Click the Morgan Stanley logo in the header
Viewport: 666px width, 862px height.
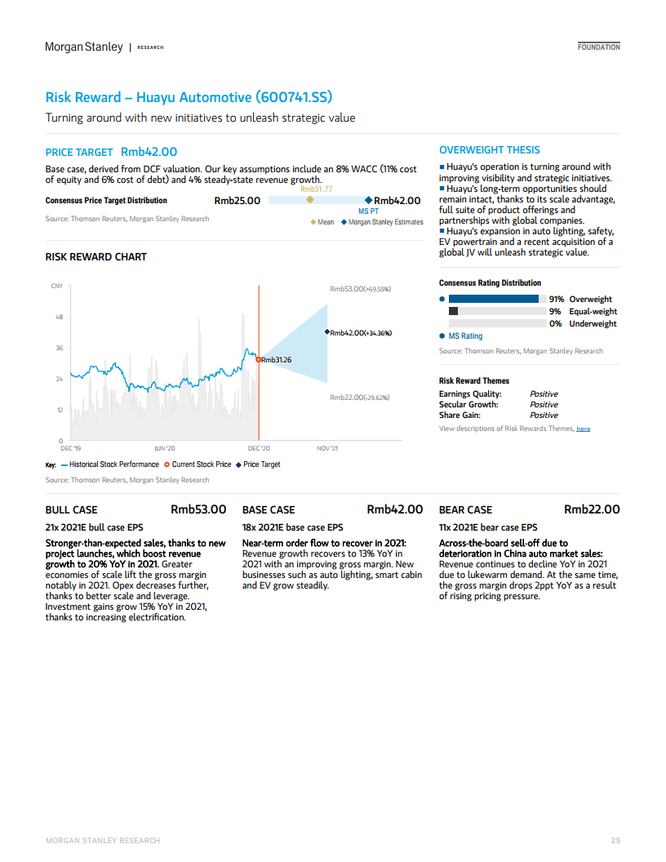[84, 47]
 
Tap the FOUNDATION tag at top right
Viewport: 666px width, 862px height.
[598, 47]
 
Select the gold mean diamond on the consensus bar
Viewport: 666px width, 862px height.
[310, 199]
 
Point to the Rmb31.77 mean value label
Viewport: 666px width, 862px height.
[317, 189]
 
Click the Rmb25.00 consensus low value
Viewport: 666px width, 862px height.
[238, 201]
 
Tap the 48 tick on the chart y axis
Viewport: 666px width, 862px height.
[60, 317]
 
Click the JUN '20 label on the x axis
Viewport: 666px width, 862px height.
[165, 449]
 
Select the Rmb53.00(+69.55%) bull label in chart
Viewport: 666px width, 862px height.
[361, 289]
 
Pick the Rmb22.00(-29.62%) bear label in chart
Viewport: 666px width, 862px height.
[360, 398]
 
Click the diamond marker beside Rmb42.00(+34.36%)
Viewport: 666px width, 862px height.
[327, 332]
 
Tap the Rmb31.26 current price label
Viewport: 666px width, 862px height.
[277, 360]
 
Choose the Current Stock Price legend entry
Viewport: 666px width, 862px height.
[198, 464]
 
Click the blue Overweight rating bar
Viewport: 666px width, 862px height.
[494, 299]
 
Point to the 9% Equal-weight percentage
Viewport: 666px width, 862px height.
[555, 312]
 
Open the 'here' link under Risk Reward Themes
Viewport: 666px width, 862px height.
[583, 429]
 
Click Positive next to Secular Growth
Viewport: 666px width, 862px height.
[544, 405]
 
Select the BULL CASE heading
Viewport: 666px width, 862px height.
[72, 510]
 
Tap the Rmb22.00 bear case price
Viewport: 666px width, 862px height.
[592, 509]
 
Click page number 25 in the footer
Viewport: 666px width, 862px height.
[615, 841]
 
